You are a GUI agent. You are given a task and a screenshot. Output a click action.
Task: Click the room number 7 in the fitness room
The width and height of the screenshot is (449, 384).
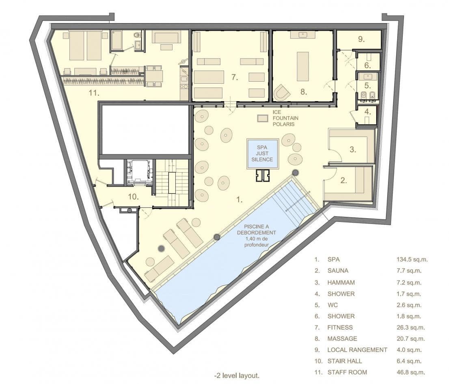coord(235,77)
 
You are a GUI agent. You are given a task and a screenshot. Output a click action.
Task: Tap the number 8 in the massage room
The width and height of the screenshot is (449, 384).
coord(304,92)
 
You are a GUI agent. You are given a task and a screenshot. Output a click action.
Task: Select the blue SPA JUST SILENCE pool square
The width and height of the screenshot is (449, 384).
coord(262,154)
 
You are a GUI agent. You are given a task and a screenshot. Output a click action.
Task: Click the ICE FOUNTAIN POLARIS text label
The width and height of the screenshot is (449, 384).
coord(285,118)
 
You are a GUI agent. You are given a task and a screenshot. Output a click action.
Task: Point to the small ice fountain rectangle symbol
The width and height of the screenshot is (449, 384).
coord(262,118)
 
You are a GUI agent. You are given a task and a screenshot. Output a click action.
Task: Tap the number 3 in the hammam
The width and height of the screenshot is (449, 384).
coord(353,149)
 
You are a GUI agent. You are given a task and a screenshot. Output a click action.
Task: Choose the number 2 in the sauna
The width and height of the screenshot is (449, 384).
coord(343,180)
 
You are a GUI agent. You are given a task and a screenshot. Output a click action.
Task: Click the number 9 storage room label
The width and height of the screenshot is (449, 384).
coord(361,39)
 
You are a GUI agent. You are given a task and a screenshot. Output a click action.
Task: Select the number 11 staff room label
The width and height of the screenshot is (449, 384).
coord(94,93)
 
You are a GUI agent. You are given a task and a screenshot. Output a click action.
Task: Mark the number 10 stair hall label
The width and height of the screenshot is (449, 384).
coord(134,197)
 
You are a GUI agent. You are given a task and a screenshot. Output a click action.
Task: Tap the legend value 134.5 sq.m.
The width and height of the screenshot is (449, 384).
coord(412,260)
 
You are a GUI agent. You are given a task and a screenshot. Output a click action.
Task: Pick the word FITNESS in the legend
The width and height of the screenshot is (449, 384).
coord(340,328)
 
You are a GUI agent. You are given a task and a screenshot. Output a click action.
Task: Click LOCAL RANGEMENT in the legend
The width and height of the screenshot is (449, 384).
coord(357,350)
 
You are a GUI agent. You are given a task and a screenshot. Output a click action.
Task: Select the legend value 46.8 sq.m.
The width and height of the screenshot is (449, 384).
coord(410,372)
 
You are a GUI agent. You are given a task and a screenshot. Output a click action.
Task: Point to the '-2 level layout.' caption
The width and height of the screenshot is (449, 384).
coord(237,375)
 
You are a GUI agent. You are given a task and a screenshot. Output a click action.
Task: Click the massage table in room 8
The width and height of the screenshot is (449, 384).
coord(303,67)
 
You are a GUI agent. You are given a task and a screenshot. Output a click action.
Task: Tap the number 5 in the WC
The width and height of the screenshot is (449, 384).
coord(368,85)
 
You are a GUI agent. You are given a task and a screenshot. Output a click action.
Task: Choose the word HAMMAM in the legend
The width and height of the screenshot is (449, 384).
coord(341,282)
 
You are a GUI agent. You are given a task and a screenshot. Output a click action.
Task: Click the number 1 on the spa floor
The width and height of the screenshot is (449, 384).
coord(240,200)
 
